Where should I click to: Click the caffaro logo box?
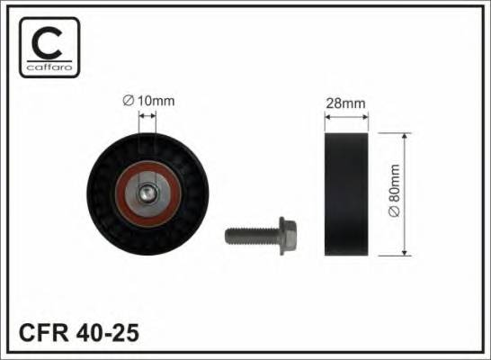[49, 47]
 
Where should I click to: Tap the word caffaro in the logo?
[49, 69]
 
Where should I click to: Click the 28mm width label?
[346, 104]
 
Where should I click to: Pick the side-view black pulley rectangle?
[346, 194]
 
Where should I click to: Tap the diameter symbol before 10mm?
[129, 101]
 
